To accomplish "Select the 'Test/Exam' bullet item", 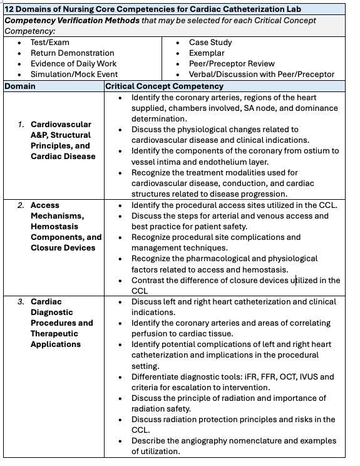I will (50, 43).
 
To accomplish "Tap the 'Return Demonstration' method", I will (72, 53).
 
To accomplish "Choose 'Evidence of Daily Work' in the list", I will (73, 64).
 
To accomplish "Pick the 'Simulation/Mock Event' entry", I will (74, 75).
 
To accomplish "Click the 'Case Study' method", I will (210, 43).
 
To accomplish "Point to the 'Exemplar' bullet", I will (208, 53).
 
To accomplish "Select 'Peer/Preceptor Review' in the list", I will (232, 64).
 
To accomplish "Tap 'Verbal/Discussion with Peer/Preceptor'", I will (262, 75).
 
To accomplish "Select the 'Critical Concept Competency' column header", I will (164, 86).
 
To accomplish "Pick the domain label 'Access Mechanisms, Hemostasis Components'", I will (66, 226).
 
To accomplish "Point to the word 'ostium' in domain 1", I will (316, 151).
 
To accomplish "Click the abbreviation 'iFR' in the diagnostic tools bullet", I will (242, 376).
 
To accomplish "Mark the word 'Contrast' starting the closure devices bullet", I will (149, 280).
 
